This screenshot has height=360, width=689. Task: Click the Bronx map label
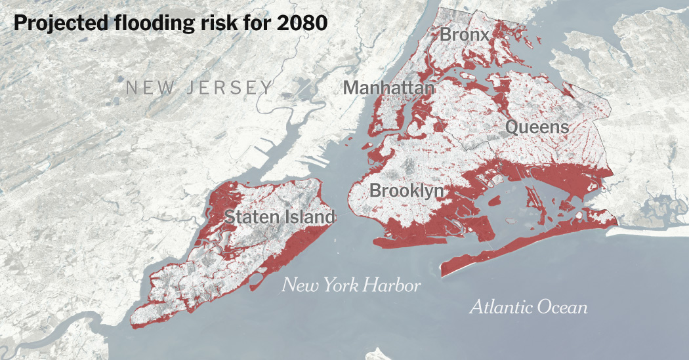[x=465, y=34]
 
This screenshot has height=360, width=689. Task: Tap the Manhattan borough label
[x=388, y=87]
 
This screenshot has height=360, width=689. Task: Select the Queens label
[x=537, y=127]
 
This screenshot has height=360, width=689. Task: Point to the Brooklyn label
[x=407, y=191]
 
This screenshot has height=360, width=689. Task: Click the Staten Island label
[x=280, y=216]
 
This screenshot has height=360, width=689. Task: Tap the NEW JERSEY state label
[x=199, y=87]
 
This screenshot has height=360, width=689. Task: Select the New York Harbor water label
[x=351, y=285]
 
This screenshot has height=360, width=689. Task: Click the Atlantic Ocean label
[x=528, y=307]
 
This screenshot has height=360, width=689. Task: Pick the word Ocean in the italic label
[x=562, y=307]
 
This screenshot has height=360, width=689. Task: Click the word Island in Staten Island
[x=310, y=216]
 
